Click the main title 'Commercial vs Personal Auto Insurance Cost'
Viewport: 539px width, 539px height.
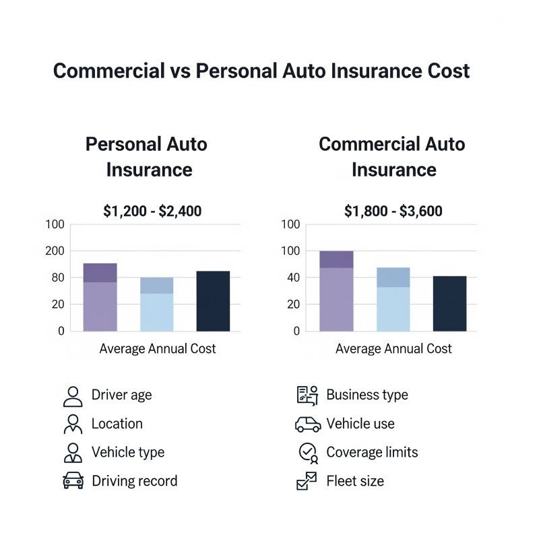point(261,71)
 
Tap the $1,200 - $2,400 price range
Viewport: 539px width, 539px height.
point(152,212)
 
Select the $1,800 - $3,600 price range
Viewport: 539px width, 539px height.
point(393,212)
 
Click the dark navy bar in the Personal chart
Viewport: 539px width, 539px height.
point(213,301)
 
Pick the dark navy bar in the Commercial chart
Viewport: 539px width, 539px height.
point(449,303)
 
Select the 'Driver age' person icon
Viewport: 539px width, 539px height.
point(73,396)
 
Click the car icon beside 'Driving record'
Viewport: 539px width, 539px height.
point(73,481)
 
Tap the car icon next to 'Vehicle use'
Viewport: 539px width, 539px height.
point(308,424)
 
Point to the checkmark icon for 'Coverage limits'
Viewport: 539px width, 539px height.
point(308,453)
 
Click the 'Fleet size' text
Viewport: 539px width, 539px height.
point(355,481)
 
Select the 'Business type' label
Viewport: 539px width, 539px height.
point(367,395)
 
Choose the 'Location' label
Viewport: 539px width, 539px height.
point(117,424)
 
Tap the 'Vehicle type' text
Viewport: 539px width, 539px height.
point(128,452)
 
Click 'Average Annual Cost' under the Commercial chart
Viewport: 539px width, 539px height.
point(393,349)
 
